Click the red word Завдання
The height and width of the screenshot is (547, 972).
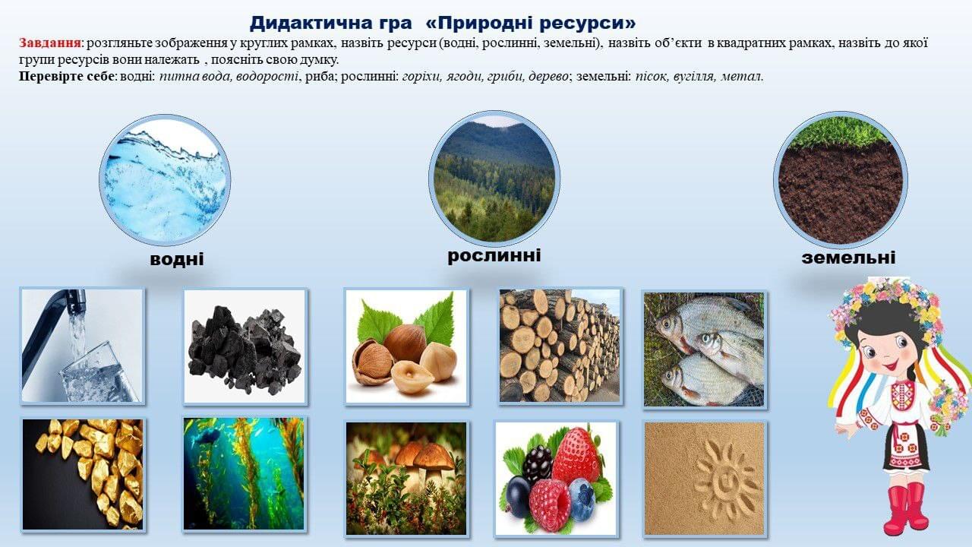coord(50,43)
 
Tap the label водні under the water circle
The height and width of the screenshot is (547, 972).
coord(177,259)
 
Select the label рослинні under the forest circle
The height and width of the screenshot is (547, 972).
coord(494,255)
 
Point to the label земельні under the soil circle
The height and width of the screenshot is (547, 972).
coord(848,258)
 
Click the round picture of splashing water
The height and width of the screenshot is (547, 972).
coord(165,179)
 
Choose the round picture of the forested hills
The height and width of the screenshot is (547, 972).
coord(494,177)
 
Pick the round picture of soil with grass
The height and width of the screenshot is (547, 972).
coord(841,178)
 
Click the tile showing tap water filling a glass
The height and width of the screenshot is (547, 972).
coord(83,346)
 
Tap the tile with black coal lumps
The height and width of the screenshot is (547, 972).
coord(245,346)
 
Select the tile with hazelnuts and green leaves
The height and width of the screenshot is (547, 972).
coord(406,346)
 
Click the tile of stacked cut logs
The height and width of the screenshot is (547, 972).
coord(560,346)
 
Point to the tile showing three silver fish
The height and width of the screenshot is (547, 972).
coord(704,349)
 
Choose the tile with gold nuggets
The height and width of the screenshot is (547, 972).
coord(83,475)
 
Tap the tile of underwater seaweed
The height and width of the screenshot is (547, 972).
coord(244,474)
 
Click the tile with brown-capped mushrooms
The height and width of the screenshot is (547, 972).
coord(406,478)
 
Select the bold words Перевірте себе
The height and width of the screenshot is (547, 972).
coord(67,77)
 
